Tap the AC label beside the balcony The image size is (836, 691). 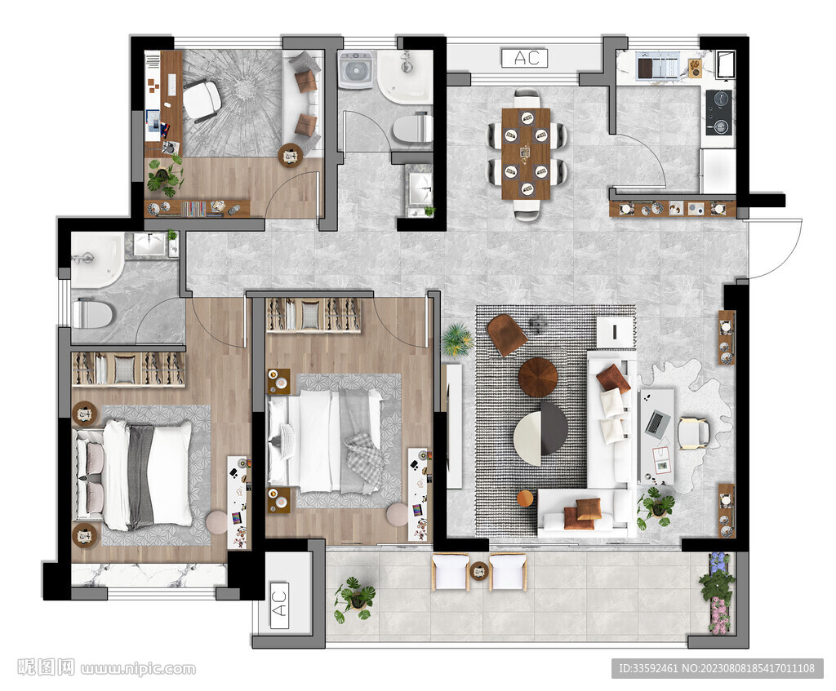[279, 604]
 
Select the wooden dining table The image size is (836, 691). [526, 153]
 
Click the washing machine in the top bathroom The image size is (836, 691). [356, 70]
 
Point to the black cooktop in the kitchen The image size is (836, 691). [718, 112]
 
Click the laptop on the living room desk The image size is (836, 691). [658, 423]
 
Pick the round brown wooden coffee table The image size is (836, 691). [538, 377]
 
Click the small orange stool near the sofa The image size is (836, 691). [525, 498]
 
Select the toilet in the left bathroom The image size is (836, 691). [93, 314]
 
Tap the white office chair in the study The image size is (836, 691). [202, 100]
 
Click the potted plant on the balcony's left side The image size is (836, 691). [354, 599]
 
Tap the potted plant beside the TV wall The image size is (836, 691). [457, 339]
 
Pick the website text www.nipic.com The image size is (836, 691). [138, 669]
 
